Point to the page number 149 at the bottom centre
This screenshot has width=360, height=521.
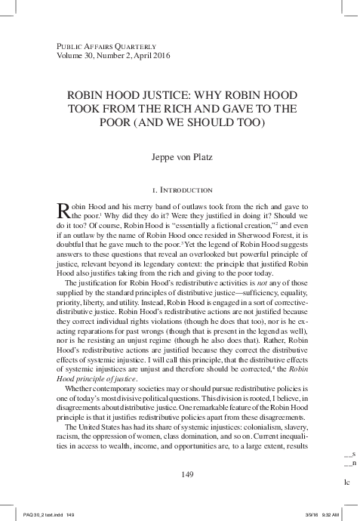pyautogui.click(x=180, y=473)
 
